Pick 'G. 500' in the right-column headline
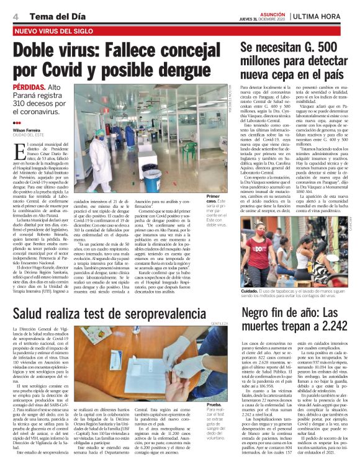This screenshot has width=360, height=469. click(x=328, y=47)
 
